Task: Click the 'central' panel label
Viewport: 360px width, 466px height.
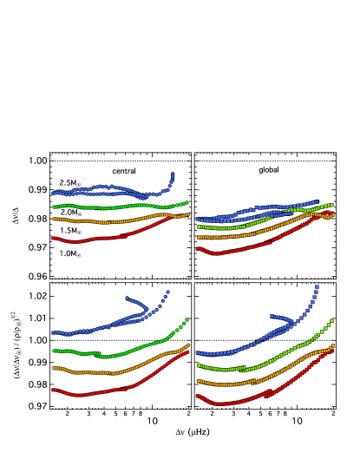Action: point(124,171)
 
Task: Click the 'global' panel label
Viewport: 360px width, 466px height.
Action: point(269,170)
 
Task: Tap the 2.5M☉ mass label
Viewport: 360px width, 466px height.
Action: point(70,182)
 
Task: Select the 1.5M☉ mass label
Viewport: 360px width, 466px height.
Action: point(70,231)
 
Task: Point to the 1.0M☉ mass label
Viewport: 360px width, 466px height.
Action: point(70,253)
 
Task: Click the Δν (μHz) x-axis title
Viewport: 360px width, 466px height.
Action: point(193,431)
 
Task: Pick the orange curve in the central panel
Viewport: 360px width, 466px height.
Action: point(104,220)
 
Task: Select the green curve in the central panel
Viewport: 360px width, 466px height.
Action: point(104,207)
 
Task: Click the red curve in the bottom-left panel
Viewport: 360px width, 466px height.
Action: point(104,392)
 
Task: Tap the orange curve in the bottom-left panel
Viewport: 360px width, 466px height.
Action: point(104,372)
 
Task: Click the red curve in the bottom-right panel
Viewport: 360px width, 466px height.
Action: point(243,401)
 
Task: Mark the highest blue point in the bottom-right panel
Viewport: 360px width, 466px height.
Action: point(317,286)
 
